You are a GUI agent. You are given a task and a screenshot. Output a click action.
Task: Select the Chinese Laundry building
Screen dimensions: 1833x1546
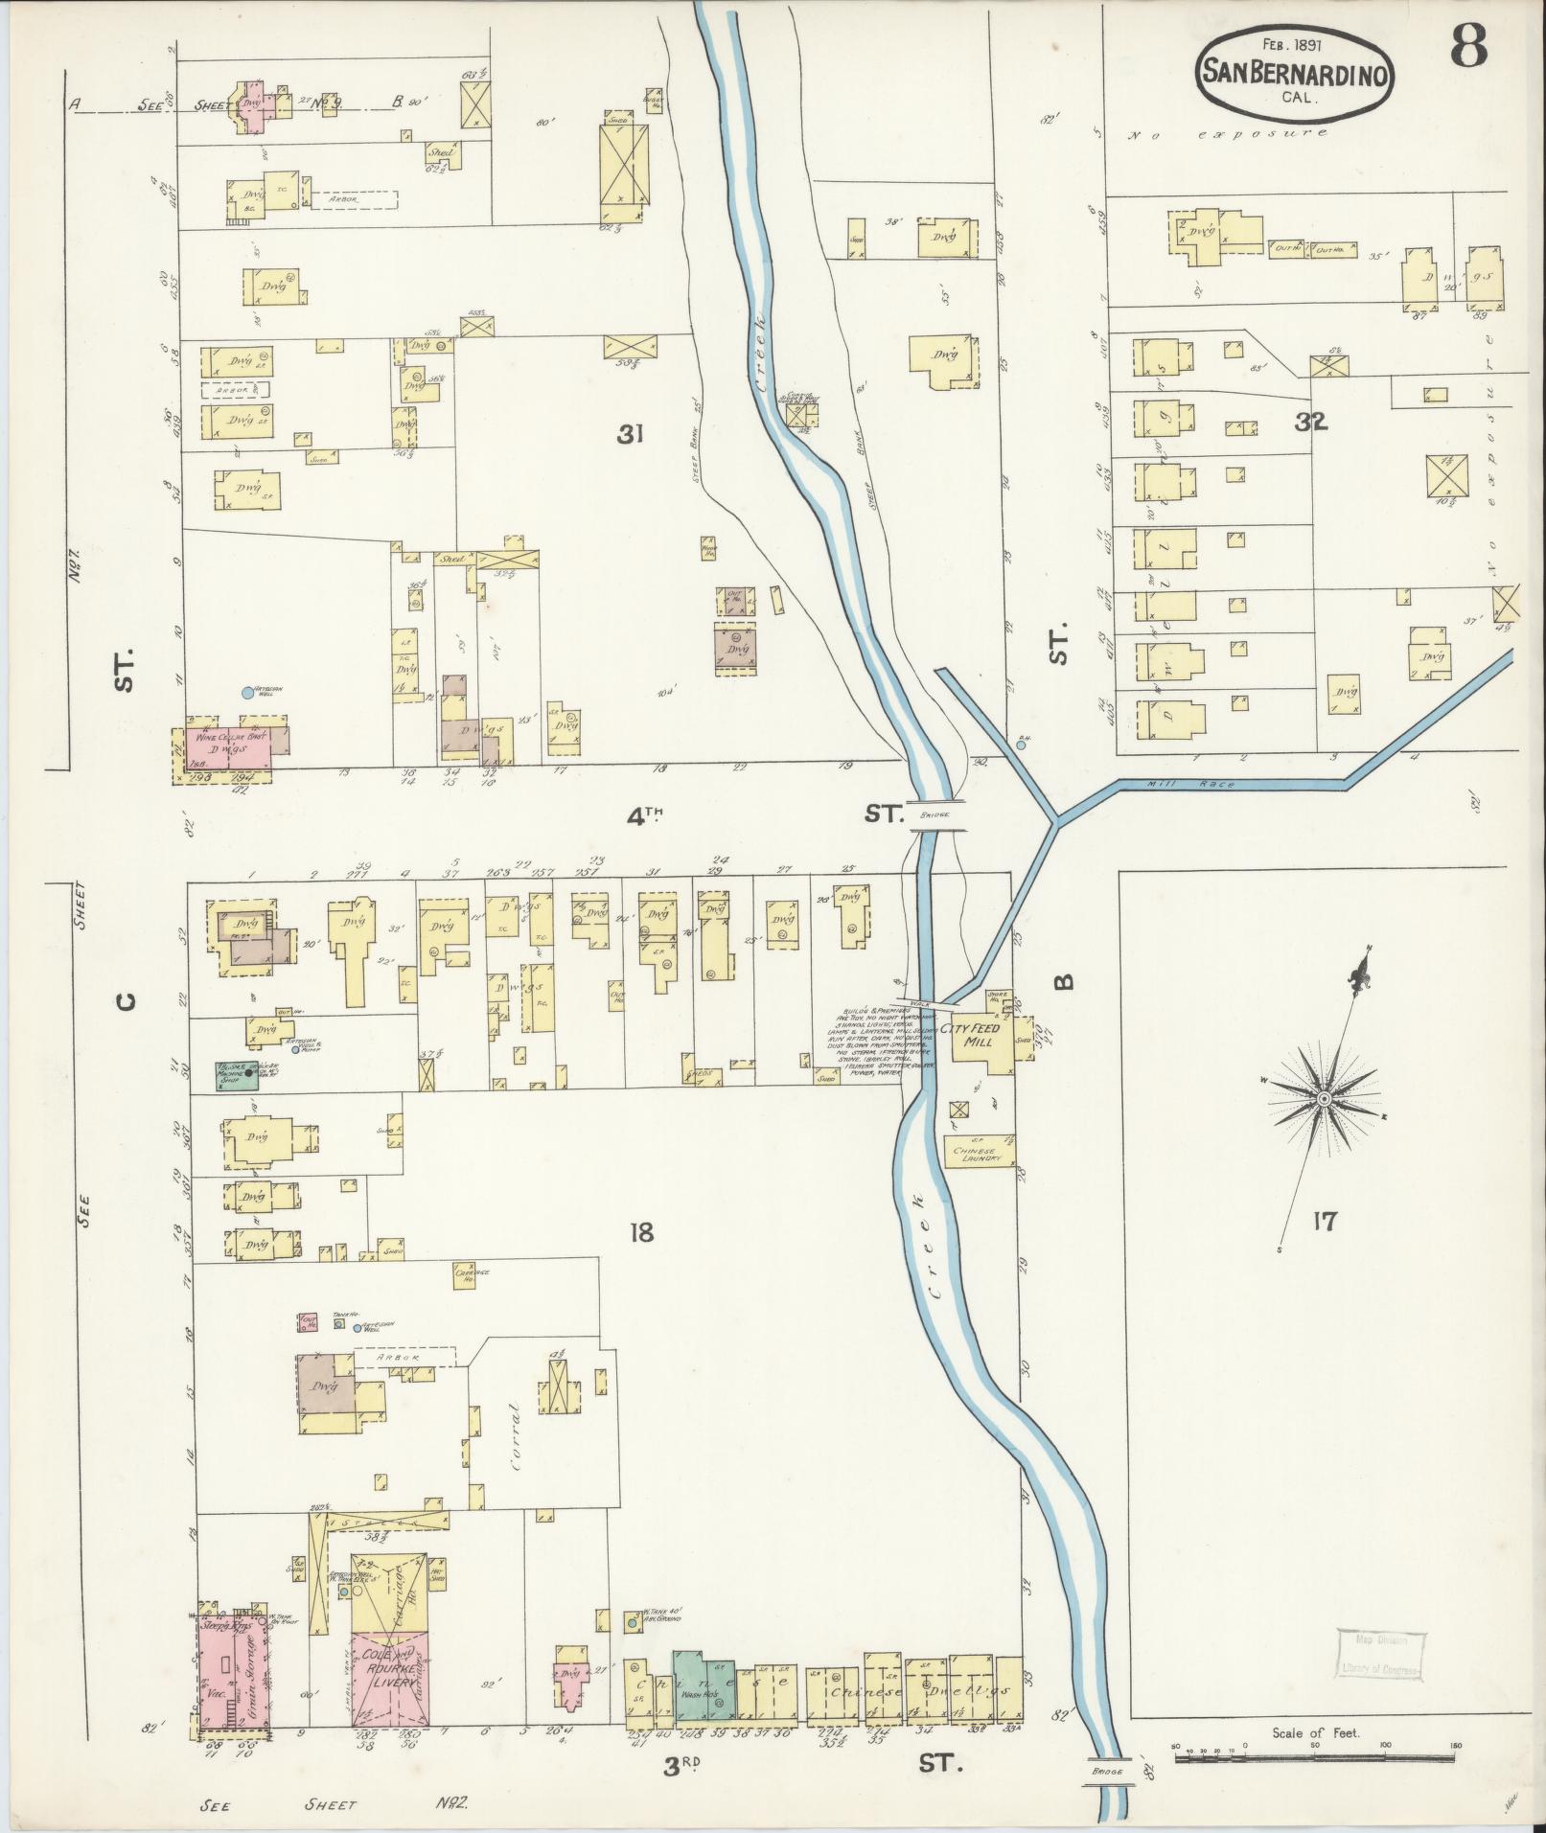pos(979,1155)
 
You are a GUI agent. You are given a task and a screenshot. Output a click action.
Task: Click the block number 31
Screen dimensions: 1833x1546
pos(629,435)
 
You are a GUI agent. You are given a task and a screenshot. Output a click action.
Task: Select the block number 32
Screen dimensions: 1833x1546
pos(1310,422)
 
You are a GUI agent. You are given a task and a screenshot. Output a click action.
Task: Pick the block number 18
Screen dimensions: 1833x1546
pos(641,1231)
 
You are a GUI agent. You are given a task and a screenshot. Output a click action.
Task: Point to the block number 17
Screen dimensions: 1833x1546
pos(1326,1222)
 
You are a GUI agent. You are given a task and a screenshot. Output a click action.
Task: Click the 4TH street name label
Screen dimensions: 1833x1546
pos(645,815)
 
